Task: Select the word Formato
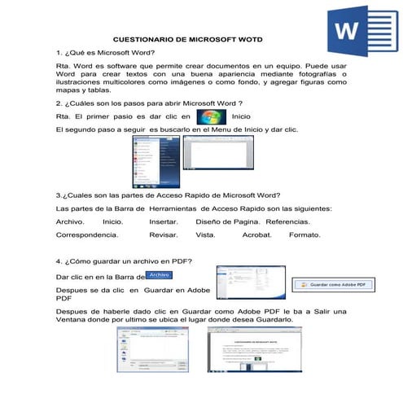[x=304, y=234]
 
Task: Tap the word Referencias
[x=287, y=221]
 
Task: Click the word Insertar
[x=164, y=221]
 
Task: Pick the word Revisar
[x=164, y=234]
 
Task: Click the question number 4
[x=58, y=261]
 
